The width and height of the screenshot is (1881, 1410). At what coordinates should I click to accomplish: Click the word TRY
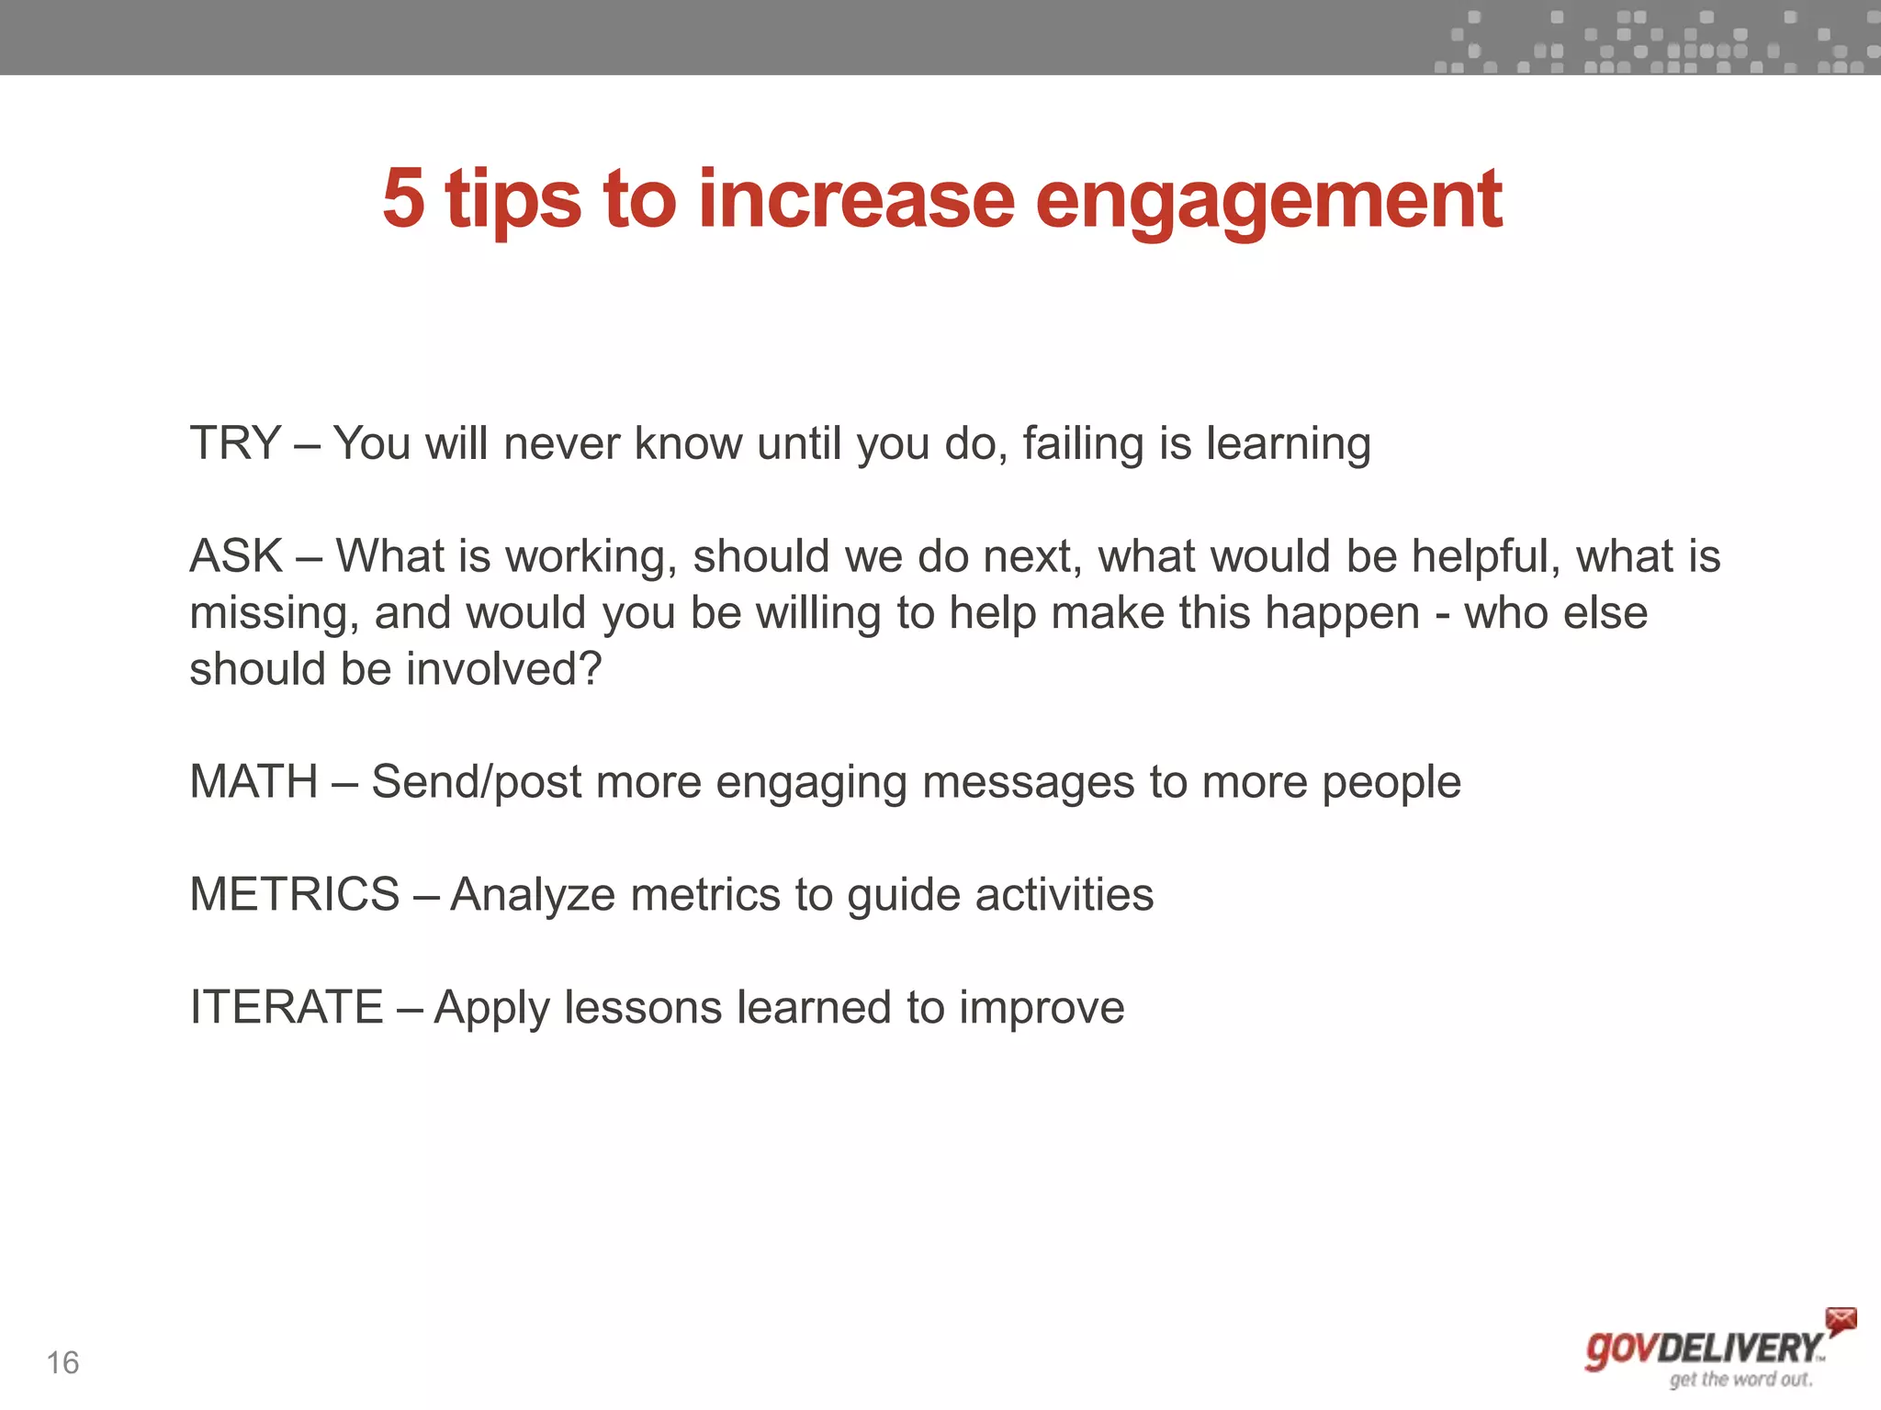(x=234, y=443)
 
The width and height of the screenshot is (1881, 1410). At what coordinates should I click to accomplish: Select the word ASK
(x=236, y=556)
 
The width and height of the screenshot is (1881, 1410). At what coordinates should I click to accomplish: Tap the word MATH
(x=253, y=782)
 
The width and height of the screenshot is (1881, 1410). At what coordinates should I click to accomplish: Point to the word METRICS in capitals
(x=294, y=895)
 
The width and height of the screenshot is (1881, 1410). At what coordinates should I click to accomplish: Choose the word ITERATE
(x=286, y=1008)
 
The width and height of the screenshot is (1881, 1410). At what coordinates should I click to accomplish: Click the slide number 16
(x=62, y=1363)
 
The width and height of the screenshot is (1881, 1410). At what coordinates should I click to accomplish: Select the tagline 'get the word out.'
(x=1740, y=1380)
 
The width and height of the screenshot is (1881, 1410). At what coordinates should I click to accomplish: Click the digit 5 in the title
(x=404, y=198)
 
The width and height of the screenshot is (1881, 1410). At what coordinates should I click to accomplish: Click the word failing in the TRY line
(x=1083, y=444)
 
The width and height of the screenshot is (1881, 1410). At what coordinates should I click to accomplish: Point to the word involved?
(x=504, y=669)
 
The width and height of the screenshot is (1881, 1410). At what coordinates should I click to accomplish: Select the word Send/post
(x=476, y=783)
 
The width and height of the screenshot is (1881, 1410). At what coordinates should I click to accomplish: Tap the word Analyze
(x=533, y=895)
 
